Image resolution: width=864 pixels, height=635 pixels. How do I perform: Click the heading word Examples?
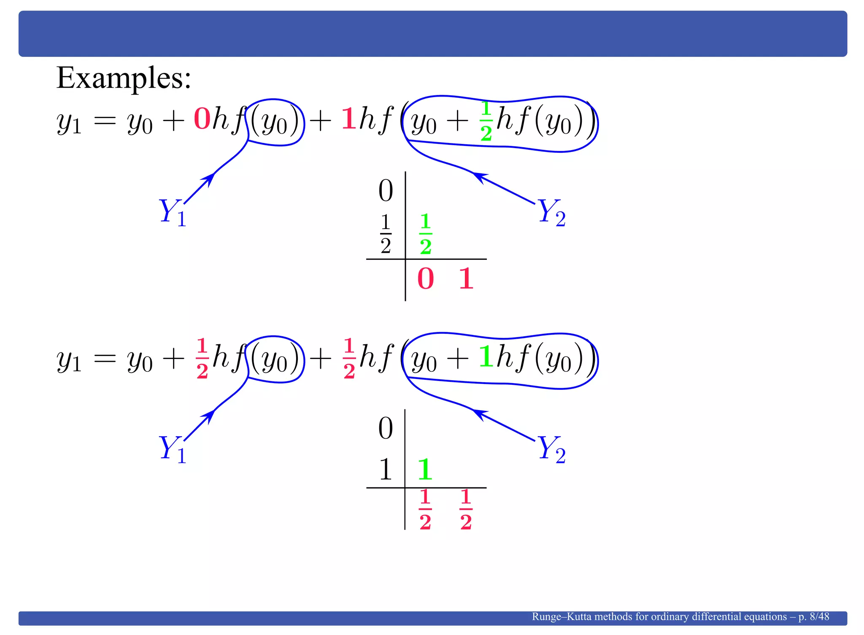(x=123, y=78)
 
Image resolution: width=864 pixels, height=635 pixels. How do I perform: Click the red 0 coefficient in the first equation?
(x=202, y=119)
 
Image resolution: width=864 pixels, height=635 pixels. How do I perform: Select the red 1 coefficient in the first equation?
(x=348, y=119)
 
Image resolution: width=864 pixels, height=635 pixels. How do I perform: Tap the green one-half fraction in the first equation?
(x=486, y=121)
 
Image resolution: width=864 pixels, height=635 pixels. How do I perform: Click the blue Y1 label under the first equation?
(x=173, y=212)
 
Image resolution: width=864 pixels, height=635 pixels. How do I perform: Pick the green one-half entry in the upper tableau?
(x=426, y=234)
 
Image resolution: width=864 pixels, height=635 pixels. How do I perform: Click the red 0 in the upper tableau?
(x=425, y=279)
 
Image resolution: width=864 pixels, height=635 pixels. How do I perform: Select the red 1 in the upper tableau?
(x=466, y=279)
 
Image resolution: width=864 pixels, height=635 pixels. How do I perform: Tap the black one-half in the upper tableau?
(x=386, y=234)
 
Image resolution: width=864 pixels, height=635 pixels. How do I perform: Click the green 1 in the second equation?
(x=486, y=357)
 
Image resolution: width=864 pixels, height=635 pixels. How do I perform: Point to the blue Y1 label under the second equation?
(x=173, y=449)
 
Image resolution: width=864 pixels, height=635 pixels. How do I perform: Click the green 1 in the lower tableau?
(x=425, y=469)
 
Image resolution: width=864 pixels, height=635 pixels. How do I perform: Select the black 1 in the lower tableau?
(x=386, y=469)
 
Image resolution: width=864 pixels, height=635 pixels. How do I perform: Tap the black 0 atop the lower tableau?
(x=386, y=428)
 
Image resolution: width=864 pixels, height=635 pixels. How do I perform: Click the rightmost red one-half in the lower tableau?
(x=466, y=509)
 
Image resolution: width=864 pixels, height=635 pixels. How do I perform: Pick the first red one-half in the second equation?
(x=202, y=358)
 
